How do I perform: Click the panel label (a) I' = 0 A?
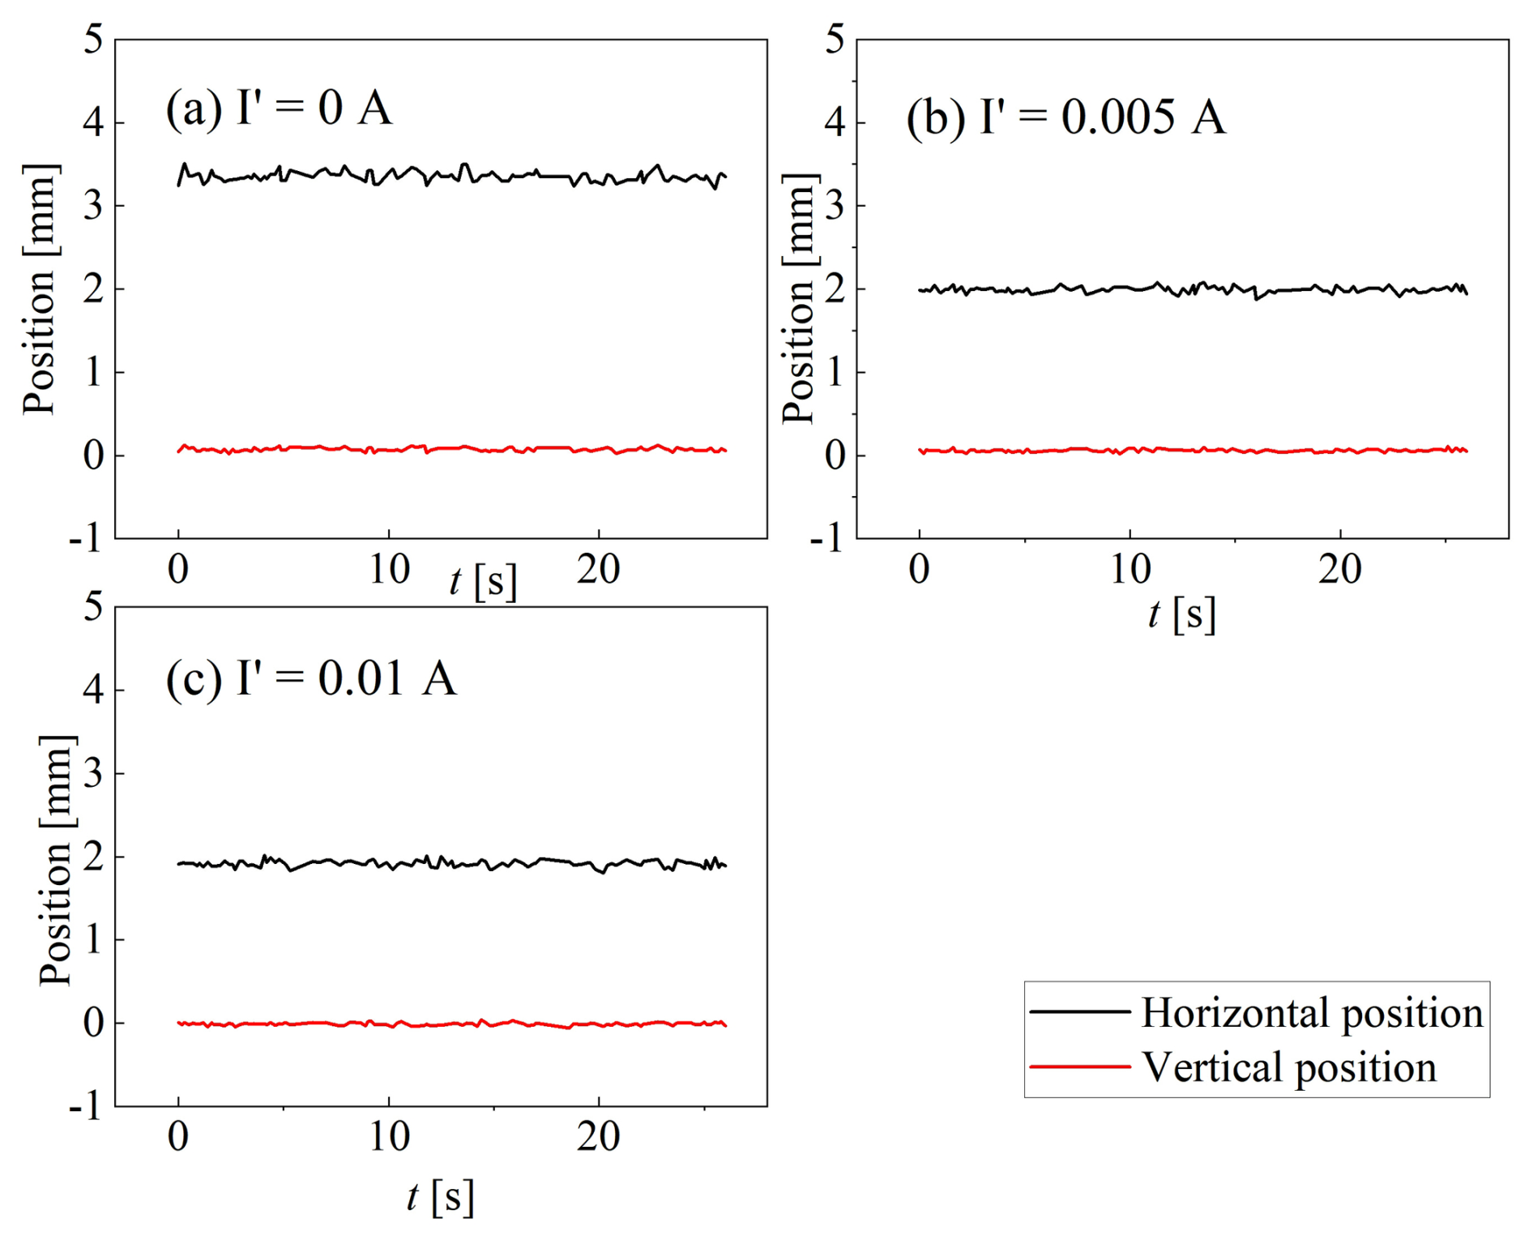pyautogui.click(x=279, y=108)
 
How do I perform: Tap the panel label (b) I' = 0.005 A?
pyautogui.click(x=1065, y=117)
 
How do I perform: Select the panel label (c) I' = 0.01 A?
pyautogui.click(x=311, y=678)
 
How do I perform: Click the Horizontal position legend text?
pyautogui.click(x=1313, y=1013)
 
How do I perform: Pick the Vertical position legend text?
pyautogui.click(x=1289, y=1067)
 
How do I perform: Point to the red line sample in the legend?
pyautogui.click(x=1080, y=1067)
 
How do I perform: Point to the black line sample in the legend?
pyautogui.click(x=1080, y=1011)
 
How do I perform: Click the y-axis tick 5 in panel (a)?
pyautogui.click(x=94, y=39)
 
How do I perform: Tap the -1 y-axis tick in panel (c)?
pyautogui.click(x=87, y=1105)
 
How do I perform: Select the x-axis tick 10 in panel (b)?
pyautogui.click(x=1129, y=570)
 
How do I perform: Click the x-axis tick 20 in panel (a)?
pyautogui.click(x=598, y=570)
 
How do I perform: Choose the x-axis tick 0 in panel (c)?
pyautogui.click(x=178, y=1137)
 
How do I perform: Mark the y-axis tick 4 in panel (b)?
pyautogui.click(x=835, y=122)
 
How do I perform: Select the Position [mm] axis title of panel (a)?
pyautogui.click(x=39, y=289)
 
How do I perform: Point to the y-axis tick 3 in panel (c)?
pyautogui.click(x=94, y=774)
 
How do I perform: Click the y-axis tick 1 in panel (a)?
pyautogui.click(x=94, y=372)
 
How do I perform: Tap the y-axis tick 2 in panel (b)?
pyautogui.click(x=835, y=289)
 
